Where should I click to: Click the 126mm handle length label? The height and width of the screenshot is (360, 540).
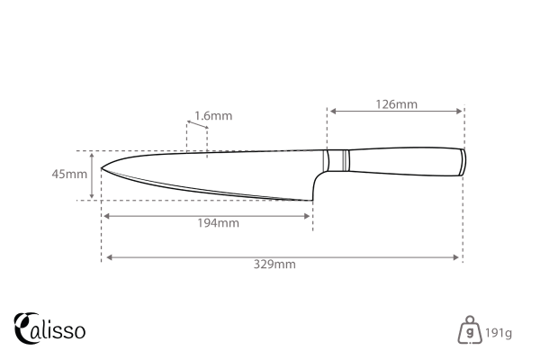(x=396, y=103)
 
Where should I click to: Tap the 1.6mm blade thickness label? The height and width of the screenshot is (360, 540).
(x=213, y=115)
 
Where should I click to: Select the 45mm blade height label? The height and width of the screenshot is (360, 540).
(x=69, y=175)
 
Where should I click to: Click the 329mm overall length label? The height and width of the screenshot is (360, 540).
(x=274, y=265)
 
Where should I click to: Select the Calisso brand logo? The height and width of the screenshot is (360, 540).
(x=50, y=328)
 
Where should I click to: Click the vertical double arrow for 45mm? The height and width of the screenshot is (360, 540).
(x=93, y=175)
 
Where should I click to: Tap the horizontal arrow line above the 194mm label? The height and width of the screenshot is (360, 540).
(x=207, y=215)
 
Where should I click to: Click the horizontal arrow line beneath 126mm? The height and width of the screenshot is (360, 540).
(x=396, y=112)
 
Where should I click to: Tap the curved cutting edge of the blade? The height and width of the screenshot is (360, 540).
(x=207, y=190)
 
